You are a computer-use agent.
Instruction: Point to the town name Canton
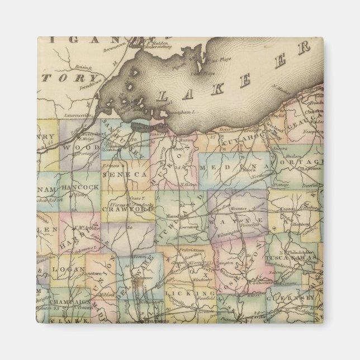point(291,210)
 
